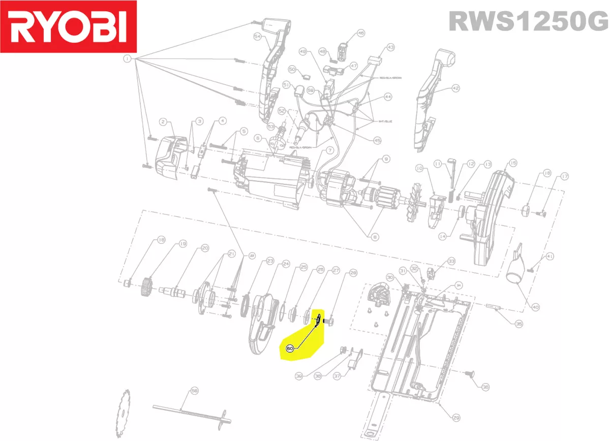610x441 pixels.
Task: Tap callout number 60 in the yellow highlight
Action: click(290, 349)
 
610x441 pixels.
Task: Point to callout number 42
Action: click(455, 88)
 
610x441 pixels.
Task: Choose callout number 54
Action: click(257, 37)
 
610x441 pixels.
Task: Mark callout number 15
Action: click(512, 163)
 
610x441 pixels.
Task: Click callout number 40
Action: click(535, 307)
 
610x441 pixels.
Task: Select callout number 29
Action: click(456, 418)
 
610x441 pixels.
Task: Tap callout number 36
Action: click(485, 387)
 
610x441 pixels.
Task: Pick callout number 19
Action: click(183, 244)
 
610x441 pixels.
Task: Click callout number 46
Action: click(361, 33)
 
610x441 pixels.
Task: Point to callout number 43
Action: click(390, 47)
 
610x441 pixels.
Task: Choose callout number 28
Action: click(353, 273)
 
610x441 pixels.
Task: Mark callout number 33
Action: click(451, 261)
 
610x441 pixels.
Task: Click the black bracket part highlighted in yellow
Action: click(317, 320)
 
